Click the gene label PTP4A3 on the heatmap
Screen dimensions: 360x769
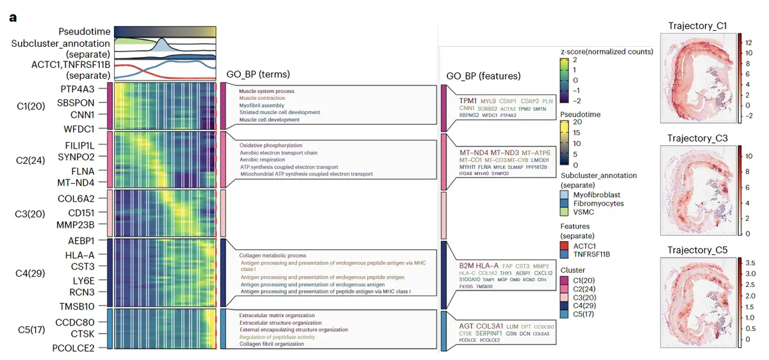point(78,88)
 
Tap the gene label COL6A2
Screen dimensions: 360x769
point(76,198)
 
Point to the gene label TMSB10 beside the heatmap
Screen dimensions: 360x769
point(78,306)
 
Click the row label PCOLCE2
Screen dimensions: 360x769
point(74,348)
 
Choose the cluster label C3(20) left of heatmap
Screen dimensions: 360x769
point(30,213)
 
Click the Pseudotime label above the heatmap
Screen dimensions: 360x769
point(84,31)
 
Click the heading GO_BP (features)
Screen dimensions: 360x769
point(483,77)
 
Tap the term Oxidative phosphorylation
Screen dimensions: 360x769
point(270,145)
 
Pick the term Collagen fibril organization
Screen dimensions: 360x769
point(272,344)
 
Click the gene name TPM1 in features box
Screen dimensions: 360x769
point(468,101)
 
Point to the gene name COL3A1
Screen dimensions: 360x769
point(490,326)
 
